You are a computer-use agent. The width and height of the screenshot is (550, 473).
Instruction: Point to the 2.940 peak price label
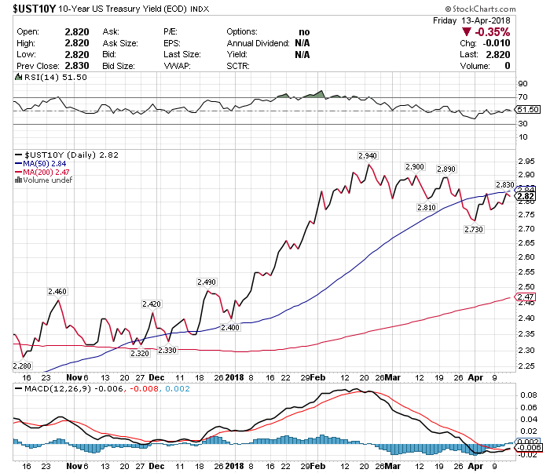pyautogui.click(x=367, y=155)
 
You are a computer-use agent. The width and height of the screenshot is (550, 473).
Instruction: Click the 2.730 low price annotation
pyautogui.click(x=474, y=229)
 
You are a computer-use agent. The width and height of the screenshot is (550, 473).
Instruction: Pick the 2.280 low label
pyautogui.click(x=23, y=366)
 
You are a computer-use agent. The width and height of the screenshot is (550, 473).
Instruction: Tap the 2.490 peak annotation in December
pyautogui.click(x=206, y=281)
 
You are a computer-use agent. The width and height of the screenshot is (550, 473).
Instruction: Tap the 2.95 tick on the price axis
pyautogui.click(x=526, y=161)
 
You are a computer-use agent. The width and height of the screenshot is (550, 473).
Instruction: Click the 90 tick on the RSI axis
pyautogui.click(x=522, y=83)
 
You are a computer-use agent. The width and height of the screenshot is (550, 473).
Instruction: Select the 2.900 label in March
pyautogui.click(x=414, y=167)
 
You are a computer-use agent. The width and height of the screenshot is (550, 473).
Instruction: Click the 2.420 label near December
pyautogui.click(x=151, y=304)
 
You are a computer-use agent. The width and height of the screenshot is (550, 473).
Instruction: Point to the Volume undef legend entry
pyautogui.click(x=45, y=180)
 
